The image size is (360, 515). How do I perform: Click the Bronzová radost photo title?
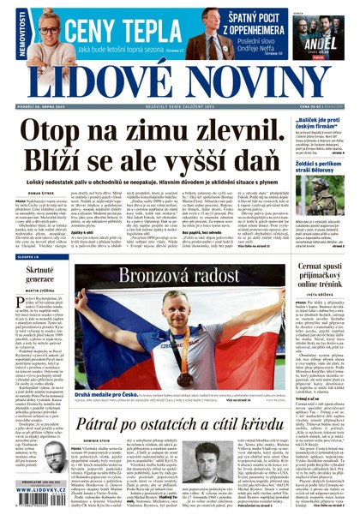179,277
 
